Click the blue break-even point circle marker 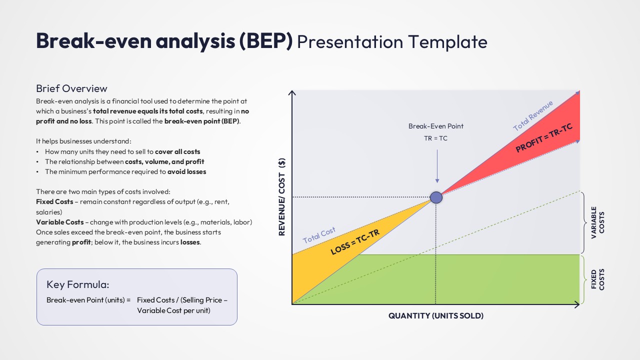point(436,197)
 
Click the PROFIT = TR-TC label point(544,138)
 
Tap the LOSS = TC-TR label point(355,240)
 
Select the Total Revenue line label point(533,115)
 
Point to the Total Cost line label point(319,235)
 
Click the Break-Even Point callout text point(436,126)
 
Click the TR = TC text point(436,138)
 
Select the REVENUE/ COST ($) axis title point(281,197)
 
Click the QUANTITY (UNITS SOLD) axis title point(436,316)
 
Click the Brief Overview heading point(71,88)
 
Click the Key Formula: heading point(77,284)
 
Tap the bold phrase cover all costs point(177,151)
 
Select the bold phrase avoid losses point(186,171)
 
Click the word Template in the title point(447,41)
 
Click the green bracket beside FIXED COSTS point(582,279)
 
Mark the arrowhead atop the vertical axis point(292,92)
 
